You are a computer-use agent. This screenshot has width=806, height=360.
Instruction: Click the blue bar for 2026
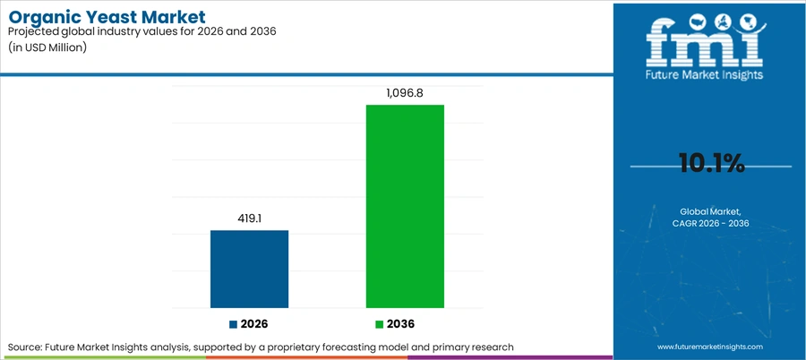(249, 269)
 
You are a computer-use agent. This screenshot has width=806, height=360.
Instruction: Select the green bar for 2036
(405, 206)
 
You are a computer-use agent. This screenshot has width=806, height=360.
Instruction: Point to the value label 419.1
(250, 219)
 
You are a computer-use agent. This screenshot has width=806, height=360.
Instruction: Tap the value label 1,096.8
(405, 93)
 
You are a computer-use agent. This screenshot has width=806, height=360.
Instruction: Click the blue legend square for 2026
(234, 324)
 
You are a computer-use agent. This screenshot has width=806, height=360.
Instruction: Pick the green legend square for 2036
(380, 324)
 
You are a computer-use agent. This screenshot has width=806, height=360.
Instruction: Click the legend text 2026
(254, 324)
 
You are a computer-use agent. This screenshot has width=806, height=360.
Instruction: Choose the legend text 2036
(400, 324)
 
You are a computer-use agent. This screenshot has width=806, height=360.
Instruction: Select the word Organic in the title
(47, 19)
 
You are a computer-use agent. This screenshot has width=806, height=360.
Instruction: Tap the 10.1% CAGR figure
(711, 164)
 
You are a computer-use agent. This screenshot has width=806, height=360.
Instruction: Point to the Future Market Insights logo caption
(705, 74)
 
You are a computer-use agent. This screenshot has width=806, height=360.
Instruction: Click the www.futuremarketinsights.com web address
(710, 347)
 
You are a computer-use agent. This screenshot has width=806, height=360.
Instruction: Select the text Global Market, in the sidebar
(711, 211)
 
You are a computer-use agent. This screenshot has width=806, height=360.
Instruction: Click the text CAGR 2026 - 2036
(711, 223)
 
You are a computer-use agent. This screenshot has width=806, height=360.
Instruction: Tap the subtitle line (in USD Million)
(47, 47)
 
